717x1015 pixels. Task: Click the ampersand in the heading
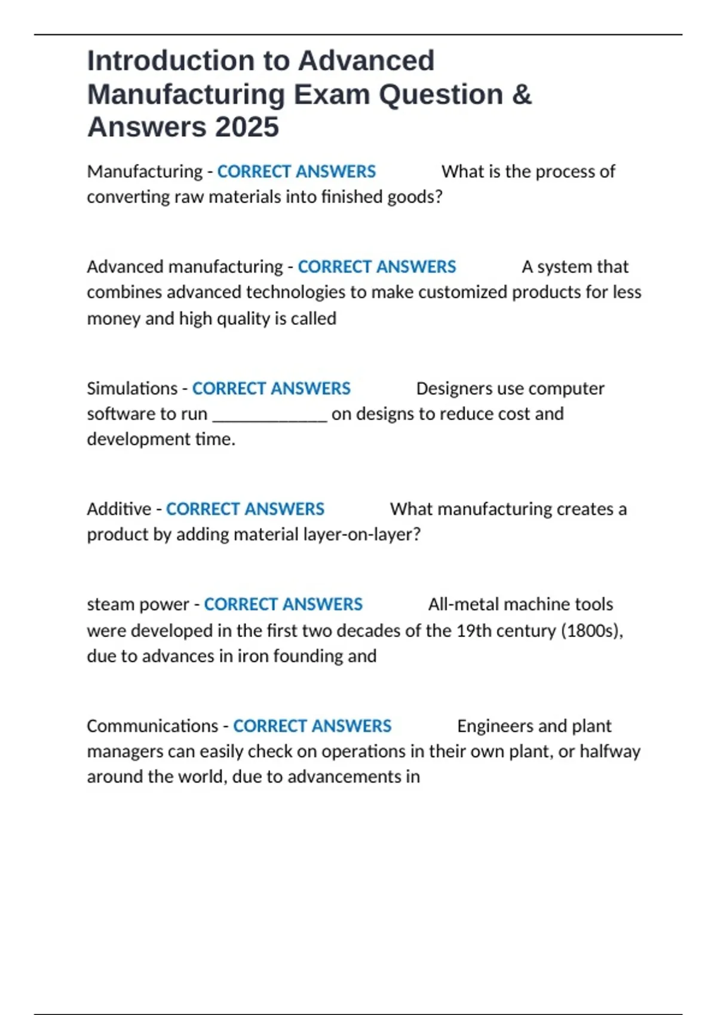(521, 94)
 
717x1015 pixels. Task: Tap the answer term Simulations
(132, 389)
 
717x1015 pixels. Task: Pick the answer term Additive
(119, 509)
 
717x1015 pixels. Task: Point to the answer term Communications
(152, 726)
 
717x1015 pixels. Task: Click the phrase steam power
(137, 604)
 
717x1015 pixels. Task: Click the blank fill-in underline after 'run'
(269, 416)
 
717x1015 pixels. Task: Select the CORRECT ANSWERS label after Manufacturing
(296, 172)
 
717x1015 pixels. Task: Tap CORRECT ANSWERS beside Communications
(312, 726)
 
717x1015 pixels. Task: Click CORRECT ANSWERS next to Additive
(245, 509)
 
